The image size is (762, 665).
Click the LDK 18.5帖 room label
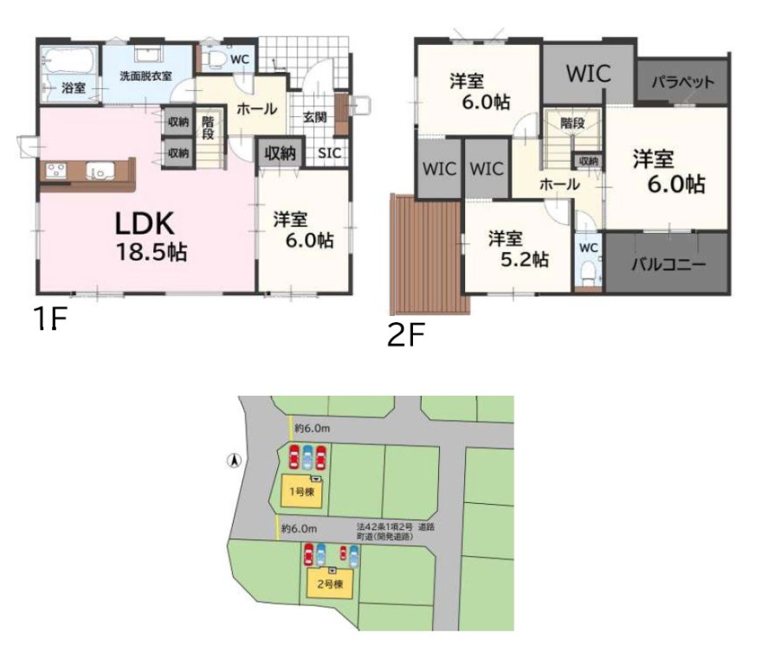pos(151,237)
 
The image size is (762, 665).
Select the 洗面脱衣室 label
pos(145,76)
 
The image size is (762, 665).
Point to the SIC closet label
pos(330,152)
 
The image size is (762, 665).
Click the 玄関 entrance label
pos(315,117)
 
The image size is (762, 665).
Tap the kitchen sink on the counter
pos(100,171)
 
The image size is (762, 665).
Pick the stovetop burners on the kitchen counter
pos(56,170)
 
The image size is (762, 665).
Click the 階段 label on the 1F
pos(208,127)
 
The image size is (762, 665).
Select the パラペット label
pos(683,81)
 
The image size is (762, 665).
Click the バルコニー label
pos(668,264)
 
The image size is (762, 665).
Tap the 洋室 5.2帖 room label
pos(519,249)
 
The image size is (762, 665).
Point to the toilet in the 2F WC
pos(589,274)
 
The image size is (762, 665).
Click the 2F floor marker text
pos(406,335)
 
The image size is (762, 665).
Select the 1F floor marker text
pos(49,319)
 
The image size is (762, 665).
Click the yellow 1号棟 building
pos(302,492)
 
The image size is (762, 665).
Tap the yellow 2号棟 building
pos(330,583)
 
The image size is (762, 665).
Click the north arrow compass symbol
pos(235,460)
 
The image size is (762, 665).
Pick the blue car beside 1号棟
pos(307,456)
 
